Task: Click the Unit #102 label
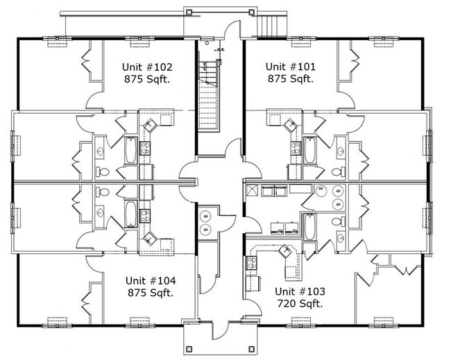tap(147, 67)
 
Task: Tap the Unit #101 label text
tap(291, 67)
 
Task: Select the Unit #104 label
tap(151, 280)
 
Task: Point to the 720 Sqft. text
tap(300, 303)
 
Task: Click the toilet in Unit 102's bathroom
tap(102, 171)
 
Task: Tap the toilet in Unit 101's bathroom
tap(339, 171)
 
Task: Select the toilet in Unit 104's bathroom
tap(102, 191)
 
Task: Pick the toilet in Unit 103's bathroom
tap(339, 222)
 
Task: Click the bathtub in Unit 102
tap(130, 151)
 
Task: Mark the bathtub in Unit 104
tap(130, 214)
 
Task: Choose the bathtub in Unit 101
tap(309, 151)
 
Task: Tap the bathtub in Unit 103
tap(309, 227)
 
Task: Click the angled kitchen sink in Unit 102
tap(150, 125)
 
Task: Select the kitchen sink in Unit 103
tap(285, 251)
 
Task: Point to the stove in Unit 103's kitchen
tap(252, 263)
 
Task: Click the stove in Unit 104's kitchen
tap(145, 216)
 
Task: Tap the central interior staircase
tap(208, 96)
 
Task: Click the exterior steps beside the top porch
tap(271, 26)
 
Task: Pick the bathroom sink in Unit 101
tap(341, 151)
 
